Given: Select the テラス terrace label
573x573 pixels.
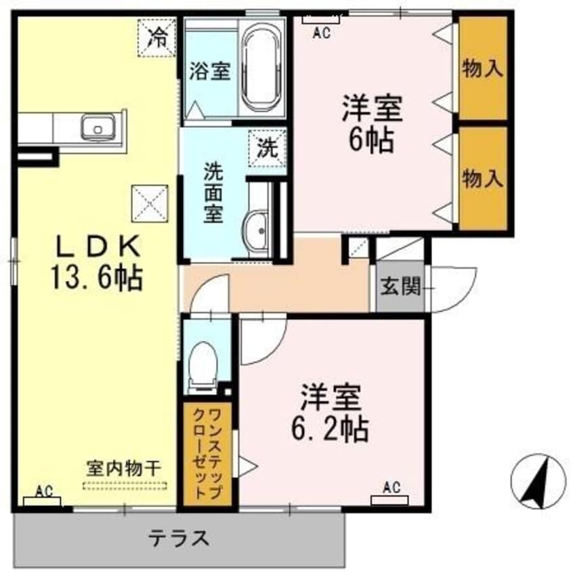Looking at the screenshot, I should tap(177, 538).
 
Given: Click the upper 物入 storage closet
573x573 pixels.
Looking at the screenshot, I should tap(483, 68).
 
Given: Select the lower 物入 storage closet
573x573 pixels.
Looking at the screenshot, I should tap(483, 178).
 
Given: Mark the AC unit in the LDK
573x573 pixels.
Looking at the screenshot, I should tap(43, 500).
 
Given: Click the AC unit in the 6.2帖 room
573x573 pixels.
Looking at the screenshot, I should tap(390, 499).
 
